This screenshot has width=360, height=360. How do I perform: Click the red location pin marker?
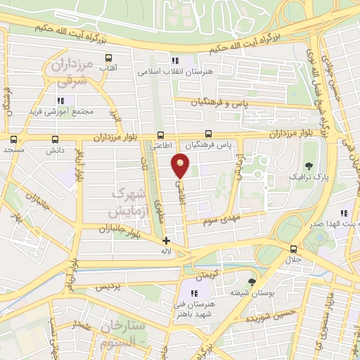point(181,165)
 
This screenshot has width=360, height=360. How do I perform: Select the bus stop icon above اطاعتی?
point(162,135)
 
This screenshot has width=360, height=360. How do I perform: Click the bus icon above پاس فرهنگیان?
point(208,134)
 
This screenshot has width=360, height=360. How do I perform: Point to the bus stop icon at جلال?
point(293,249)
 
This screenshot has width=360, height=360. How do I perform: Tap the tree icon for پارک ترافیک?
point(291,165)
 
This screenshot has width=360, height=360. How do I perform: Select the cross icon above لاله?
point(166,240)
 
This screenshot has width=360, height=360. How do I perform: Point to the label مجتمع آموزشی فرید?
point(56,112)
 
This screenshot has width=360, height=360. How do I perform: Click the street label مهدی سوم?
point(222,221)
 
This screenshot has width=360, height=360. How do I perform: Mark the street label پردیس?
point(108,287)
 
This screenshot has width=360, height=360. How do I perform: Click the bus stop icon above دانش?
point(56,139)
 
